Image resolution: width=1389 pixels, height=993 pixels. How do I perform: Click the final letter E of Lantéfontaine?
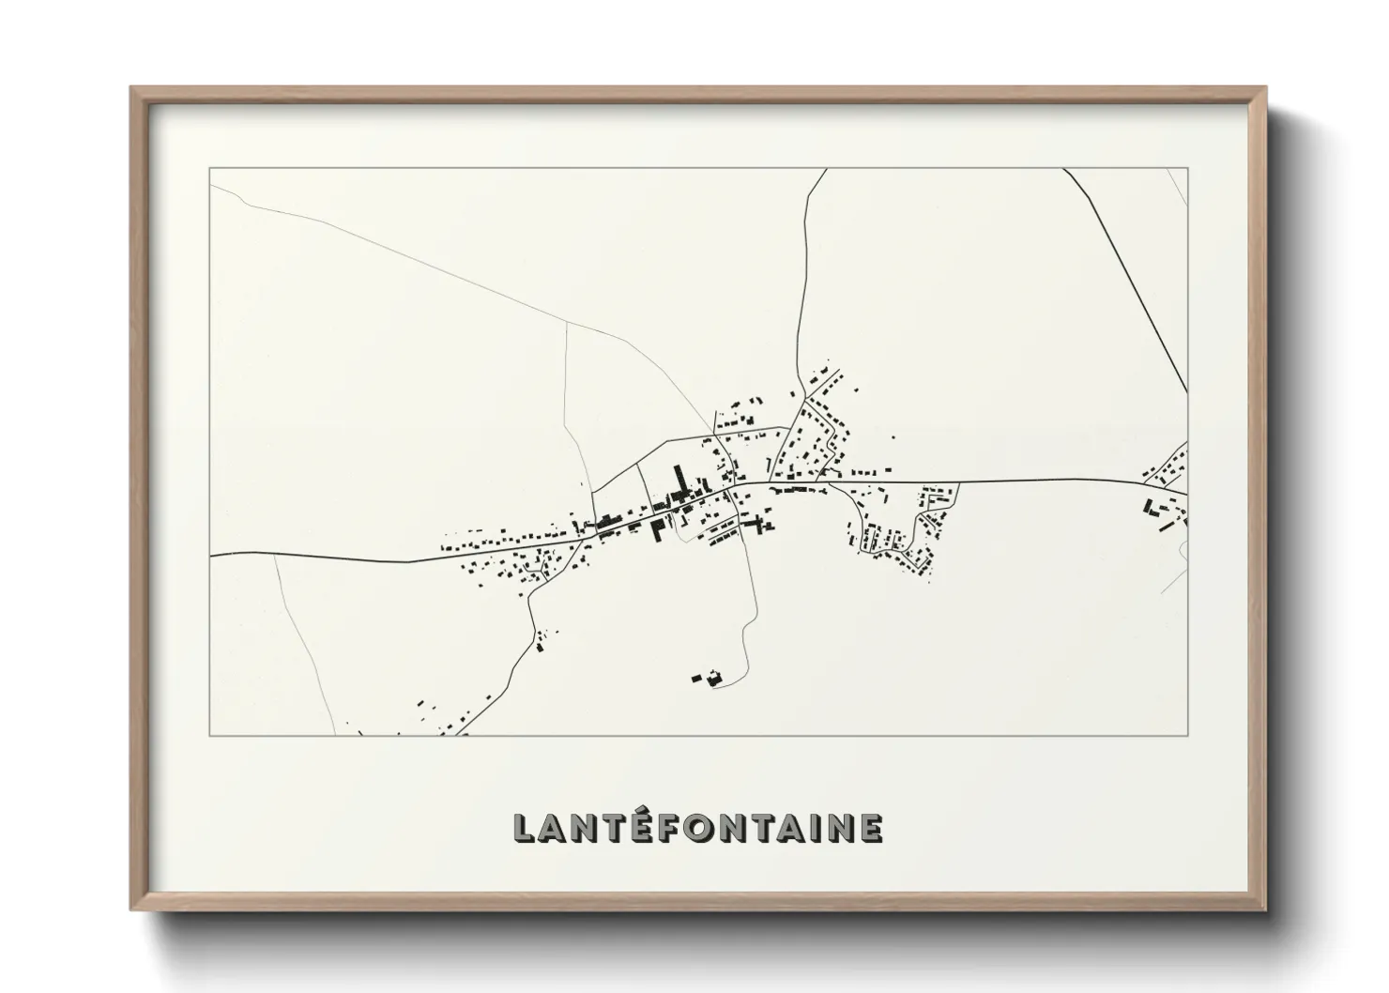point(870,828)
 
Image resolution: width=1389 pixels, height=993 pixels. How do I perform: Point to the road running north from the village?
point(803,282)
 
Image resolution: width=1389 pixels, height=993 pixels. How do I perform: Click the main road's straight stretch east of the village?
point(1032,482)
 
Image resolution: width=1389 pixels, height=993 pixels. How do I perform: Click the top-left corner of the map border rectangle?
point(209,169)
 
